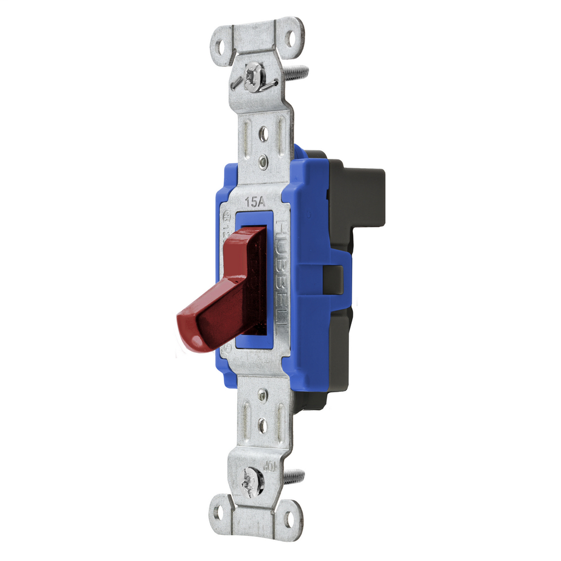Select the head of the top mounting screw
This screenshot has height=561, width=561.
(253, 77)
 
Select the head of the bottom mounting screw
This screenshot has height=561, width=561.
(253, 482)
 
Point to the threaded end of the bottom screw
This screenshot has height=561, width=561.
(294, 477)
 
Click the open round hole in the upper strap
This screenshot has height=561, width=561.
(264, 133)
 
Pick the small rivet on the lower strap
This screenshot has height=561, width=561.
(262, 395)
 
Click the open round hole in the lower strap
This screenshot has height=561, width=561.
(262, 425)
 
